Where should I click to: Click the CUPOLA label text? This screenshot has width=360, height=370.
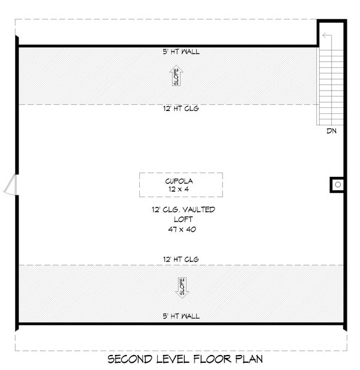click(x=179, y=181)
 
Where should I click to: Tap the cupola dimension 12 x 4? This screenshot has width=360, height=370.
click(x=179, y=189)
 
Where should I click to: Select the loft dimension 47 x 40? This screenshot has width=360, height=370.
click(x=182, y=229)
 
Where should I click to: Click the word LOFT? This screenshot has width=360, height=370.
click(x=183, y=219)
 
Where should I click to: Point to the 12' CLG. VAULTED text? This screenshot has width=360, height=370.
click(x=184, y=209)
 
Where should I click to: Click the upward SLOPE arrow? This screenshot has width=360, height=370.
click(x=176, y=76)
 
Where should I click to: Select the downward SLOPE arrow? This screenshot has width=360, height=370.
click(x=182, y=288)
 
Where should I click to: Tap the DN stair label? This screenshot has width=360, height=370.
click(x=331, y=131)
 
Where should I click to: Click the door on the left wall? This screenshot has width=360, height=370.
click(x=11, y=185)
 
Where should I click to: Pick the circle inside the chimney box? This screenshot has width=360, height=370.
click(x=338, y=185)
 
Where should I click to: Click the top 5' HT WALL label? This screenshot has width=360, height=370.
click(x=181, y=52)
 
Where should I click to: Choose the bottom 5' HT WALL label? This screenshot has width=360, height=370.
click(x=181, y=316)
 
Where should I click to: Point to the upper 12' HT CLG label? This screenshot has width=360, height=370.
click(x=181, y=109)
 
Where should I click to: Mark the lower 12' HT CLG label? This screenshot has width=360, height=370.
click(x=181, y=259)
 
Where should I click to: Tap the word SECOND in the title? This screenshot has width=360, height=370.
click(x=130, y=359)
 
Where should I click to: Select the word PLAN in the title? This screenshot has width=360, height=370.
click(x=249, y=359)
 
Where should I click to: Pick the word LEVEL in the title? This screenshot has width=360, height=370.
click(x=173, y=359)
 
